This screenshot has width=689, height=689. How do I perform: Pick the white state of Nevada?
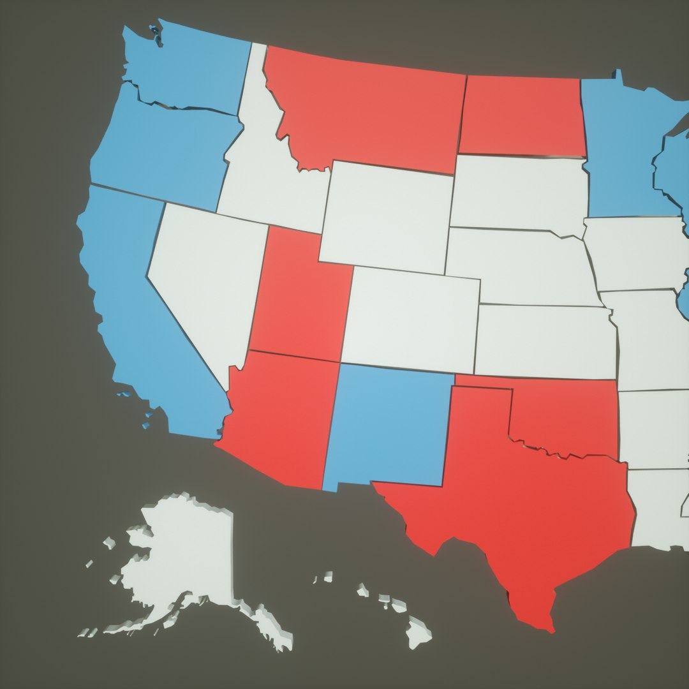204,274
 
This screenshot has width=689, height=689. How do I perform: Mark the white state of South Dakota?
517,191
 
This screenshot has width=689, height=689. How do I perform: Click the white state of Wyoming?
386,217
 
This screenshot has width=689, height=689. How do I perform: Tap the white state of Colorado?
411,319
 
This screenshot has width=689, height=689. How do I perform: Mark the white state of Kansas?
545,341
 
